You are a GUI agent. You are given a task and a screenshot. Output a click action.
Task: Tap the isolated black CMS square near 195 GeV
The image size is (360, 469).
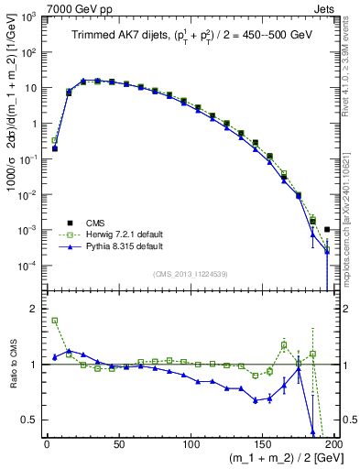(327, 229)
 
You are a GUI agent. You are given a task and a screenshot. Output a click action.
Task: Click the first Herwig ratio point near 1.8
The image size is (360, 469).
(54, 321)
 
